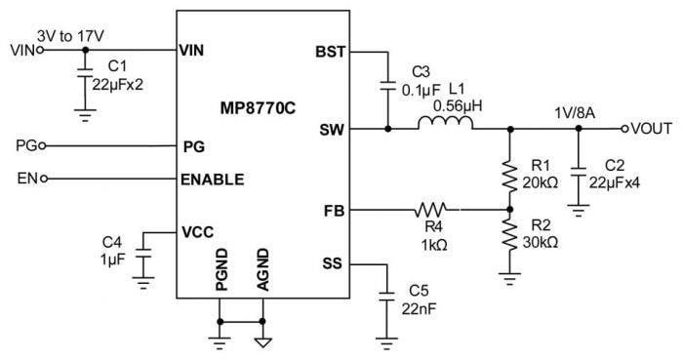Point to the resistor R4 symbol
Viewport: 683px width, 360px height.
click(430, 209)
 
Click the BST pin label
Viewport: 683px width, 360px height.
click(330, 52)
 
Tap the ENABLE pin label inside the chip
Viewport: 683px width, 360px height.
click(213, 180)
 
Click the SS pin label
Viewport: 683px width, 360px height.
click(334, 263)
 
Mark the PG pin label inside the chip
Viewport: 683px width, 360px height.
click(193, 146)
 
